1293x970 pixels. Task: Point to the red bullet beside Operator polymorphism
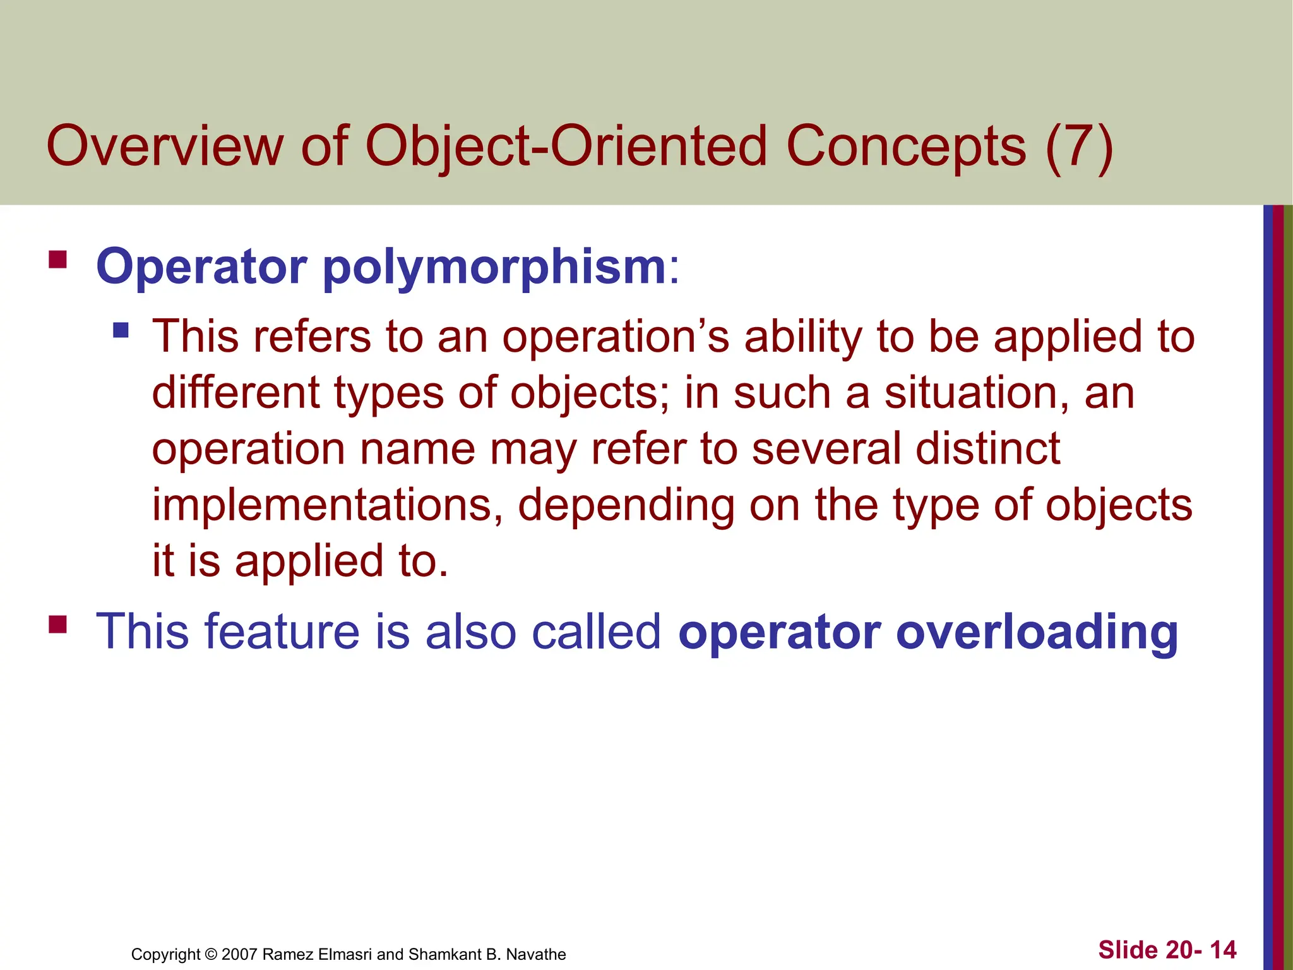pos(57,260)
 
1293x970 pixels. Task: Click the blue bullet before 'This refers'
pos(121,330)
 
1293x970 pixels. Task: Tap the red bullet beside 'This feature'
pos(57,624)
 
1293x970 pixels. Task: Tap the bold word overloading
pos(1037,633)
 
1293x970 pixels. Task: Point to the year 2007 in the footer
pos(239,954)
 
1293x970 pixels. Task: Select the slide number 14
pos(1223,950)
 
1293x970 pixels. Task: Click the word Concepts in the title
pos(906,147)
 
